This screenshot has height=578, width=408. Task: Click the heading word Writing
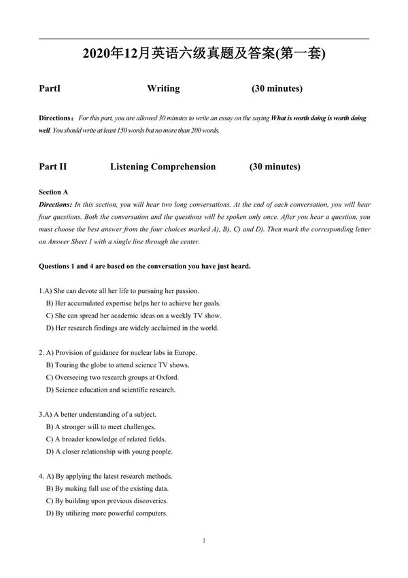[163, 89]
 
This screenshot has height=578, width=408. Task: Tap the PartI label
[50, 89]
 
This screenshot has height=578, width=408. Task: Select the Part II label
[53, 167]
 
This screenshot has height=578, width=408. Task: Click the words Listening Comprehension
[163, 167]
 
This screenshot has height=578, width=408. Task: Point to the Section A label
[54, 192]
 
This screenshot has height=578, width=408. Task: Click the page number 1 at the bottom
[204, 541]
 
